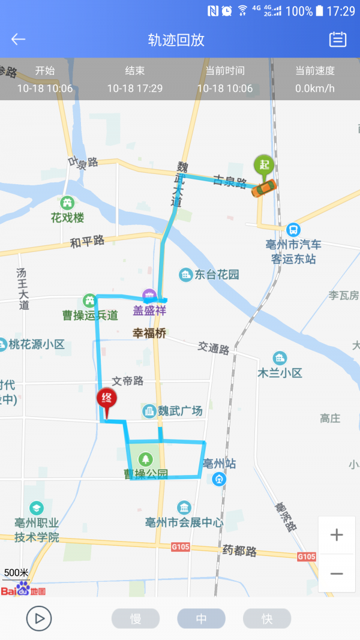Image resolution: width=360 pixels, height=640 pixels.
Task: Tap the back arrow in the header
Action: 19,40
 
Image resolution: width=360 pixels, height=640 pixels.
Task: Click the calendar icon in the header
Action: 338,40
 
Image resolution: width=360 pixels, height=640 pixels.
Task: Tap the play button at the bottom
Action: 39,618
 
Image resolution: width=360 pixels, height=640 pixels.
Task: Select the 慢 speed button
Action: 136,618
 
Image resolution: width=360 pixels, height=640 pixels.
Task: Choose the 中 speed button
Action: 201,618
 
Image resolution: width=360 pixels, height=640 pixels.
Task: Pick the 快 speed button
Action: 267,618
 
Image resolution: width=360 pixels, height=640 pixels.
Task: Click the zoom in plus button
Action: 337,534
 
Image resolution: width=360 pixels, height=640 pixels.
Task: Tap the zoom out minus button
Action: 337,573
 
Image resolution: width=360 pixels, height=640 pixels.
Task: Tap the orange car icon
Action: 263,188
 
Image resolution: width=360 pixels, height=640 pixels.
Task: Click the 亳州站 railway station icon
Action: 220,479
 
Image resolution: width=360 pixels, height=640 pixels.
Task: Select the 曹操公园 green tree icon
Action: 145,459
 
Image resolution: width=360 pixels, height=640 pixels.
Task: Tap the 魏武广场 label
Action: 180,411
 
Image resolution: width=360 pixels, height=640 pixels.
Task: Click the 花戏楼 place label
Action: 67,217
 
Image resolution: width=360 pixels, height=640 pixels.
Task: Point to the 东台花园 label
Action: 217,275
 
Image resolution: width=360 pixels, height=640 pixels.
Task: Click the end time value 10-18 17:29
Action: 135,89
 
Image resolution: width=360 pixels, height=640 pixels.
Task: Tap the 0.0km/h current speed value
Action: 315,89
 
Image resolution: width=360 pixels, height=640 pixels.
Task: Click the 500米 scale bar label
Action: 16,572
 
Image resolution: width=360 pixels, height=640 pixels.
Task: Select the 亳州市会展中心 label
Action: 184,522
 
